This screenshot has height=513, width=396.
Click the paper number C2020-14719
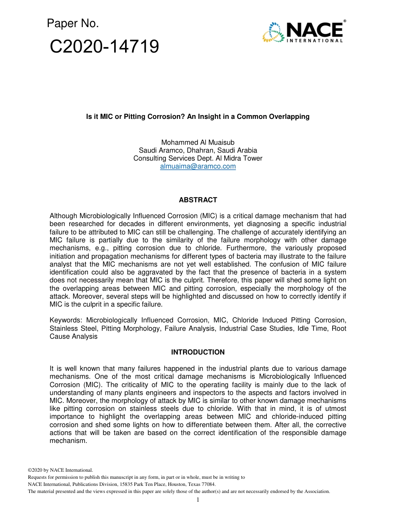pos(104,47)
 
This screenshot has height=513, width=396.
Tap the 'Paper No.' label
pos(73,24)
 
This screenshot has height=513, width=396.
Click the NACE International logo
pos(304,31)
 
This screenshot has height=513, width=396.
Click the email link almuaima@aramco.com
pos(198,166)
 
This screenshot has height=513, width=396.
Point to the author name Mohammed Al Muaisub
pos(198,143)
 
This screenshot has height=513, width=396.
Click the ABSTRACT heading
pos(198,200)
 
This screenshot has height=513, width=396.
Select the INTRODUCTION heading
pos(198,352)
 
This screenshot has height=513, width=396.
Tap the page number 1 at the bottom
pos(198,500)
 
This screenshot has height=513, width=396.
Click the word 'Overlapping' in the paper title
pos(288,117)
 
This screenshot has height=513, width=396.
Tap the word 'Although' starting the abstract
pos(63,216)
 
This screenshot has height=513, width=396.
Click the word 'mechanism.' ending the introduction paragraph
pos(68,441)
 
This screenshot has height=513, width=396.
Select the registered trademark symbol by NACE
pos(344,21)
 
